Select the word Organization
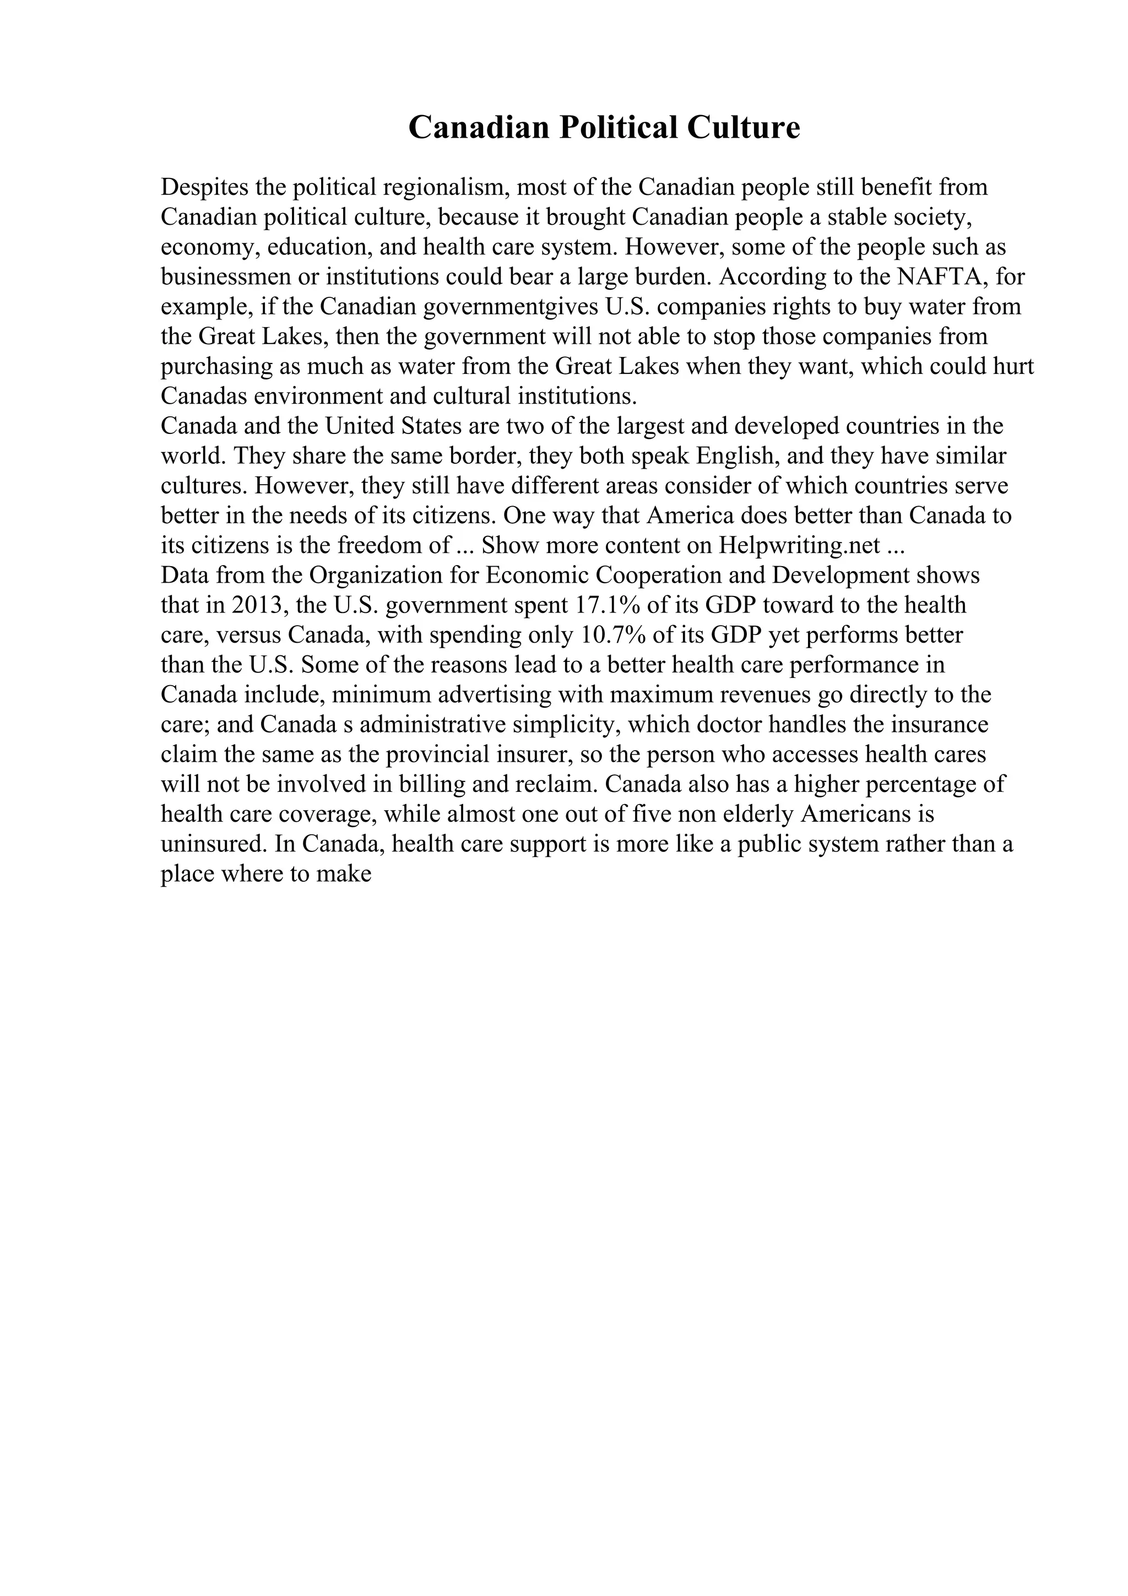(368, 576)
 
